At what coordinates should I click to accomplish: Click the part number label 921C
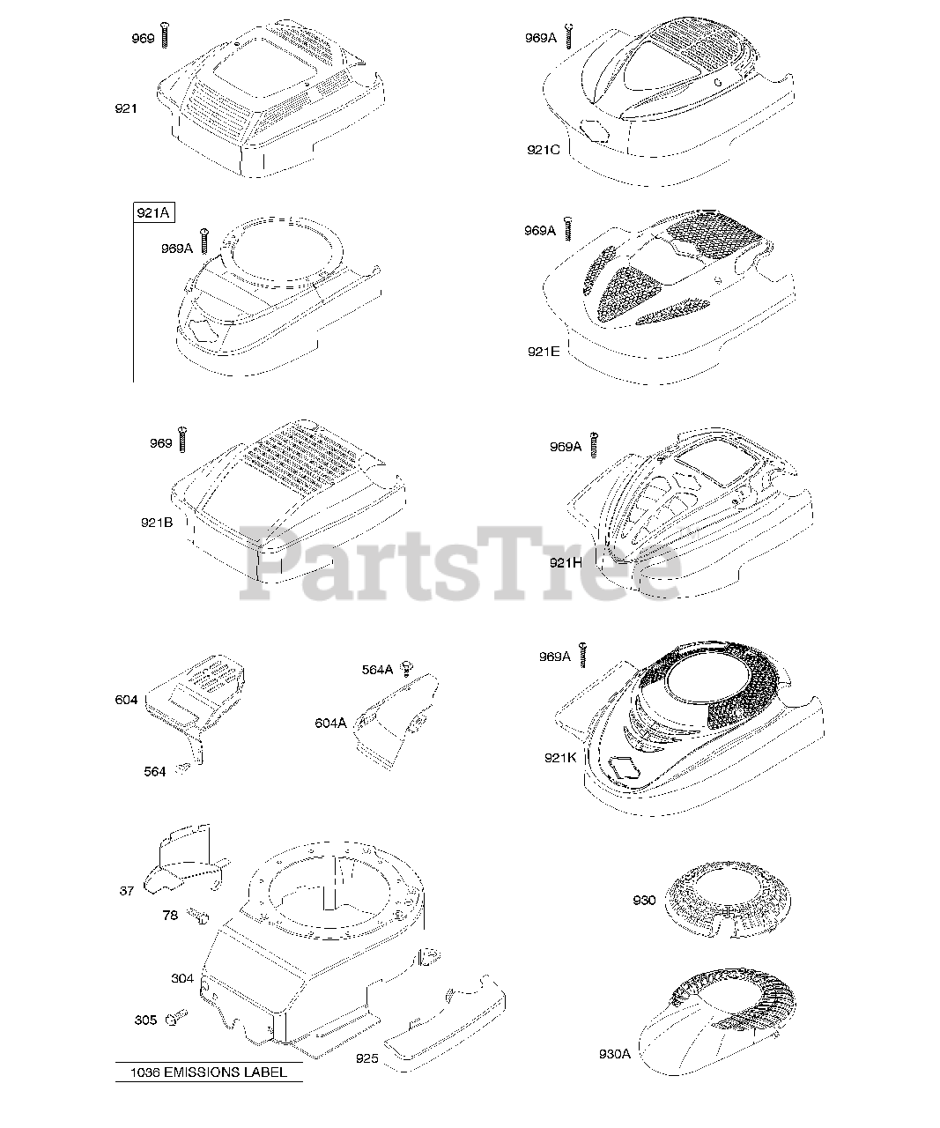pyautogui.click(x=544, y=149)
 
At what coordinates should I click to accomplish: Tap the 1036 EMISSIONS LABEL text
pyautogui.click(x=208, y=1072)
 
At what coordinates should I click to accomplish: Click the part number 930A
pyautogui.click(x=615, y=1054)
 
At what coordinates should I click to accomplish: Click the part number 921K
pyautogui.click(x=560, y=756)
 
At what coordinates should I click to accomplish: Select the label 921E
pyautogui.click(x=543, y=351)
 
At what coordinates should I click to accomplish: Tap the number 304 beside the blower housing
pyautogui.click(x=182, y=978)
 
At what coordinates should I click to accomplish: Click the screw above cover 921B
pyautogui.click(x=183, y=438)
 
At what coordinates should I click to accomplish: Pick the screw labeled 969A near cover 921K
pyautogui.click(x=582, y=653)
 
